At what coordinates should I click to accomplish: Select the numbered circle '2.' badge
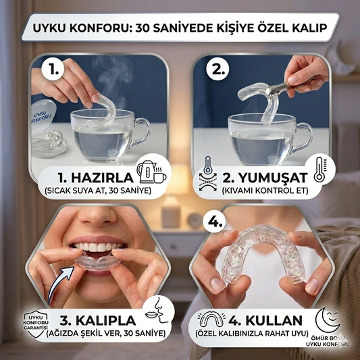[x=217, y=69]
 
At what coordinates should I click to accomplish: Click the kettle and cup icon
[x=151, y=172]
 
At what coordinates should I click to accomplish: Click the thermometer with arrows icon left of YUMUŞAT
[x=208, y=174]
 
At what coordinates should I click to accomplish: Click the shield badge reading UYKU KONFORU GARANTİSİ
[x=36, y=324]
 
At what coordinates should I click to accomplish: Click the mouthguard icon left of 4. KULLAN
[x=211, y=319]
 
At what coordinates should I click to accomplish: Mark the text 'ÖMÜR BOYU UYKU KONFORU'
[x=328, y=341]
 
